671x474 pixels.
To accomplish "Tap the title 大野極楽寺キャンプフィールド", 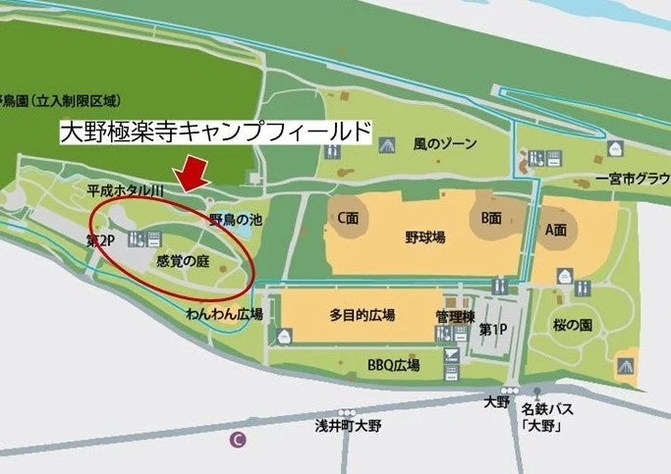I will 215,132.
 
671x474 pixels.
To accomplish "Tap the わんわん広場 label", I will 224,314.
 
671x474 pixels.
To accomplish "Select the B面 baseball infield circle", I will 490,218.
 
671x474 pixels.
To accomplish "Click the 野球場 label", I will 425,237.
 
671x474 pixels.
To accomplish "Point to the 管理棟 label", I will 455,316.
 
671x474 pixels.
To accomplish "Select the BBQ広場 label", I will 393,365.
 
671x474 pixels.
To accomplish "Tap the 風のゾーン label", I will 444,144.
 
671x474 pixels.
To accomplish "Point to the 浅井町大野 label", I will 342,425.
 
